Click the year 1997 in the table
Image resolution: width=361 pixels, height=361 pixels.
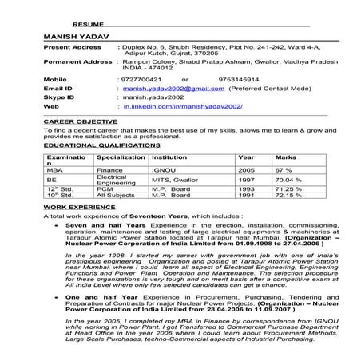247,180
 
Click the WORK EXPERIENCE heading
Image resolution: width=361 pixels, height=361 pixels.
74,206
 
